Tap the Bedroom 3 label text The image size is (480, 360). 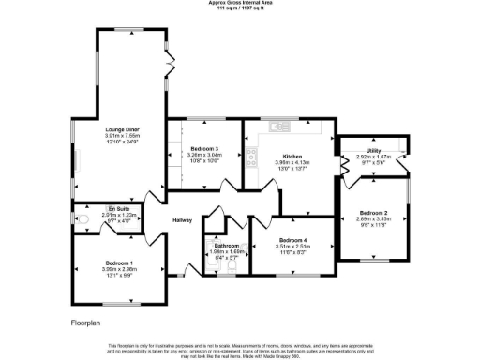pyautogui.click(x=203, y=149)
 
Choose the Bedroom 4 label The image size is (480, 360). pyautogui.click(x=283, y=241)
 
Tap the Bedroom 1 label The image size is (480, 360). pyautogui.click(x=119, y=262)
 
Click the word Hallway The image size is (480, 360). pyautogui.click(x=182, y=220)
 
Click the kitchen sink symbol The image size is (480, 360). pyautogui.click(x=277, y=126)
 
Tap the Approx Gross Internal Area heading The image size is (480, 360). pyautogui.click(x=239, y=3)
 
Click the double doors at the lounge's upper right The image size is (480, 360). pyautogui.click(x=171, y=63)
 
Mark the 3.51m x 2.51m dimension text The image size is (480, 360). pyautogui.click(x=283, y=247)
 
